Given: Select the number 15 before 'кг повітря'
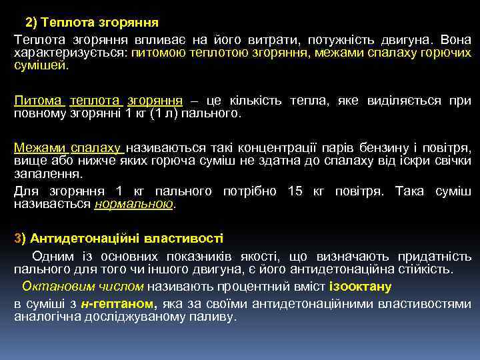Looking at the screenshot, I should point(295,191).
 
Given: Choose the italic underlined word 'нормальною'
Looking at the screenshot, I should point(134,204).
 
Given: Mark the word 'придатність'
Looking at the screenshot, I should point(435,256).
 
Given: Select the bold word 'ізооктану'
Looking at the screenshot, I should point(361,287).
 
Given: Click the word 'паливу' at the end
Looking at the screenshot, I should point(215,317).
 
